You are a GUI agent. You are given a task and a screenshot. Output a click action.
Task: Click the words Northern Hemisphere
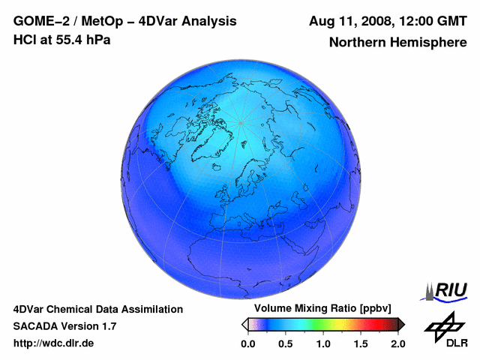coord(397,43)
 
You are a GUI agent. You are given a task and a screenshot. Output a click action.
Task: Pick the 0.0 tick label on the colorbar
coord(247,343)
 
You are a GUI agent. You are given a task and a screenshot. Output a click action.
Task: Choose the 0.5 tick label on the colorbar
coord(285,343)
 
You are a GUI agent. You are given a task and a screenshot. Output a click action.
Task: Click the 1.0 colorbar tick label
coord(323,343)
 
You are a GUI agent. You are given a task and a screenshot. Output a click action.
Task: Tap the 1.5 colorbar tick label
coord(361,343)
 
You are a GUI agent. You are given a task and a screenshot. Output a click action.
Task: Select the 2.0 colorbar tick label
coord(397,343)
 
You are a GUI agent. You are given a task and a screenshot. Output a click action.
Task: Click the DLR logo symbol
coord(444,325)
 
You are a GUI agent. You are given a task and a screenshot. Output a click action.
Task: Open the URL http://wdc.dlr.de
coord(54,343)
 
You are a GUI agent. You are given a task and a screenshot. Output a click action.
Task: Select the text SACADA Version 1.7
coord(64,326)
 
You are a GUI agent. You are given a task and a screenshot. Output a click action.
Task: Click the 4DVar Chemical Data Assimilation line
coord(97,309)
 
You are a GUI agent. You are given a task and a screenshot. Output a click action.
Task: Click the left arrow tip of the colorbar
coord(244,324)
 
